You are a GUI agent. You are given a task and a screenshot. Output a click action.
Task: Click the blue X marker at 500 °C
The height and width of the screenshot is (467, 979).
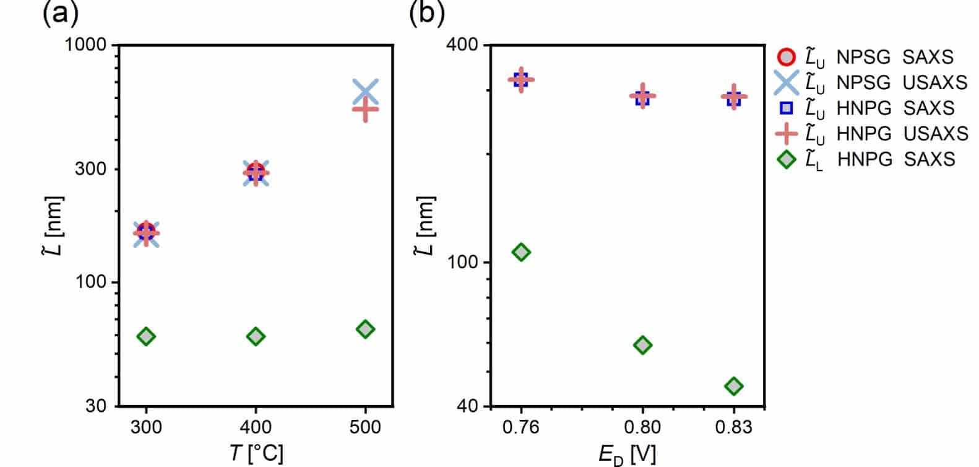(x=365, y=92)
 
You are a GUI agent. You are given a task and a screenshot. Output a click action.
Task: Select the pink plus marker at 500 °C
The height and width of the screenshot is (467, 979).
(x=365, y=110)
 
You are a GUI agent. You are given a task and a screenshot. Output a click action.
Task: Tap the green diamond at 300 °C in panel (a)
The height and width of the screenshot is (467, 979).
(x=146, y=336)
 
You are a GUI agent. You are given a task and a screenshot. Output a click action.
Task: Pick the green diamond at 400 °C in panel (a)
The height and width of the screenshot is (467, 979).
(x=256, y=336)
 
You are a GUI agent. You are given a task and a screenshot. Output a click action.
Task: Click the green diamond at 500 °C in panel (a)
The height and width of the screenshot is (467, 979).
(x=365, y=329)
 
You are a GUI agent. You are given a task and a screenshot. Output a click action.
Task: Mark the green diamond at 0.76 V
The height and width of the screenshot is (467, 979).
(x=521, y=252)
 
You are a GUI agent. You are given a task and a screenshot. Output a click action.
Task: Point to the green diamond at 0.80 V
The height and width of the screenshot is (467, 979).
(x=643, y=345)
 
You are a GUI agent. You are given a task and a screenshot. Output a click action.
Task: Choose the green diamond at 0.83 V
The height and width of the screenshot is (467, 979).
(x=734, y=386)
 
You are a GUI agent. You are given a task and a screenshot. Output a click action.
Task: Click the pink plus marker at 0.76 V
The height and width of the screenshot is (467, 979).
(x=521, y=79)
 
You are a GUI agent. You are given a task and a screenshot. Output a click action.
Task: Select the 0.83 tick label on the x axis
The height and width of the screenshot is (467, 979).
(x=734, y=427)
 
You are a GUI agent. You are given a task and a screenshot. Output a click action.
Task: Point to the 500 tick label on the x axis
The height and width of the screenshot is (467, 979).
(x=365, y=427)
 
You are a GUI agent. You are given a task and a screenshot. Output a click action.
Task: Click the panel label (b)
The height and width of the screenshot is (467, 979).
(x=427, y=14)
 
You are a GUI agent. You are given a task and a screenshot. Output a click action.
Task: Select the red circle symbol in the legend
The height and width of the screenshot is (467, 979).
(x=786, y=57)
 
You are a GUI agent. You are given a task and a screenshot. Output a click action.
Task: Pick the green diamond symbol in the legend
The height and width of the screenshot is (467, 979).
(x=786, y=159)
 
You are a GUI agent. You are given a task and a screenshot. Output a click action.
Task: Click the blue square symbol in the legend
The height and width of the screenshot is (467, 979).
(x=786, y=108)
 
